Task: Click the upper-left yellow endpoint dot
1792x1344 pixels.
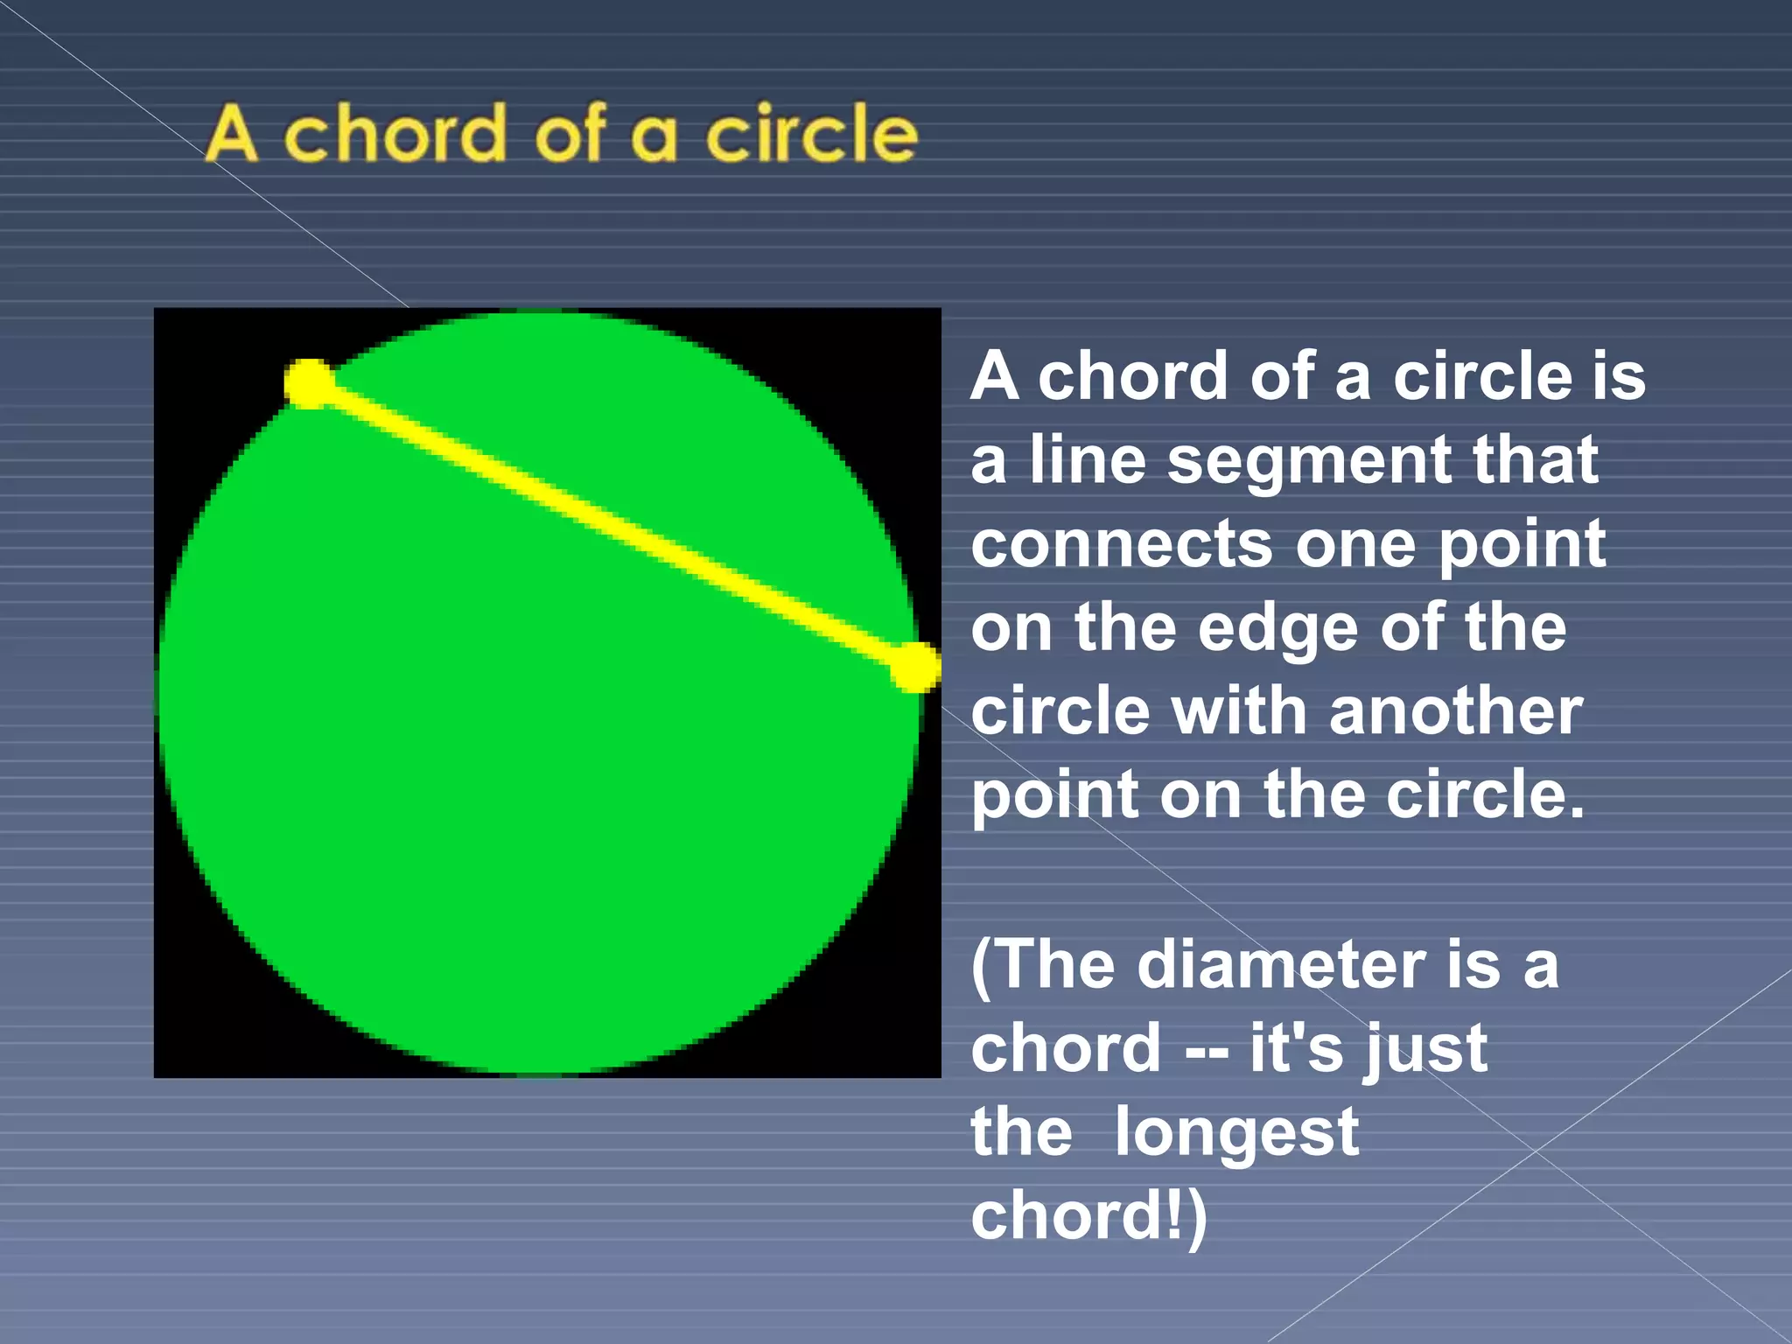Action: (x=309, y=383)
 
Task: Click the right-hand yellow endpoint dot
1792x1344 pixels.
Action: (x=915, y=668)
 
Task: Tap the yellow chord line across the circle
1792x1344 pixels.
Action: (x=612, y=525)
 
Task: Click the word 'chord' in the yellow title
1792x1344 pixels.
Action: (x=395, y=134)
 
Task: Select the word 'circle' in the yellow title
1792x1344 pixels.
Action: (x=812, y=134)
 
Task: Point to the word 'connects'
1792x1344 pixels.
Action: (x=1121, y=544)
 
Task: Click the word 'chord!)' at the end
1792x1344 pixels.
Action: (x=1088, y=1217)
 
